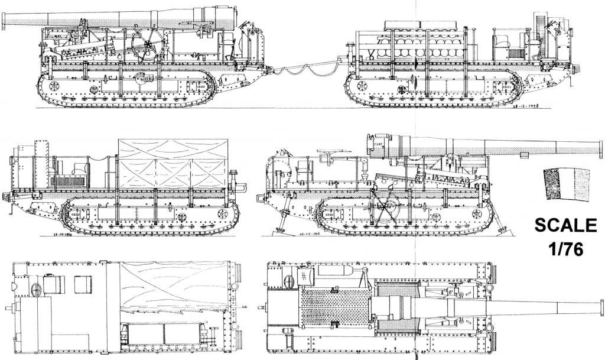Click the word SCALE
point(565,226)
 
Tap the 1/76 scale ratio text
point(565,249)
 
